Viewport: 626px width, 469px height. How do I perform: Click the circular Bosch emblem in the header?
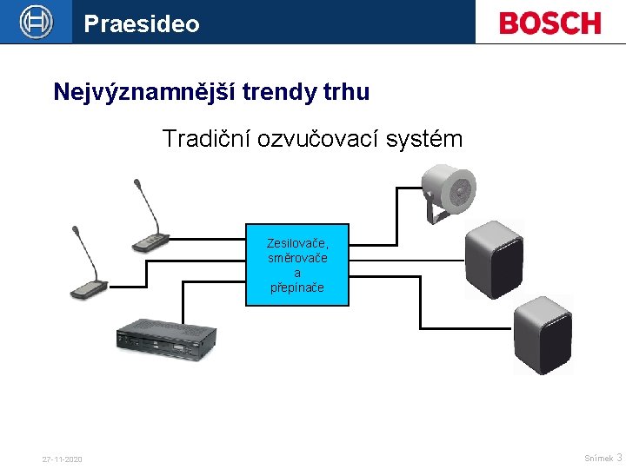pyautogui.click(x=37, y=22)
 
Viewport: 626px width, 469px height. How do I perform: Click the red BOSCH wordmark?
pyautogui.click(x=549, y=23)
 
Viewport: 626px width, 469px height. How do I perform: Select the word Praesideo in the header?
pyautogui.click(x=141, y=23)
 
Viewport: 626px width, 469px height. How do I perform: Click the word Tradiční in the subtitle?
pyautogui.click(x=206, y=138)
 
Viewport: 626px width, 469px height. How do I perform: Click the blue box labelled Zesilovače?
pyautogui.click(x=297, y=265)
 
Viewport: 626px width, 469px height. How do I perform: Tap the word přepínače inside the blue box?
pyautogui.click(x=297, y=287)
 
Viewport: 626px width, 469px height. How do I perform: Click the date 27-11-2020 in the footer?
pyautogui.click(x=62, y=459)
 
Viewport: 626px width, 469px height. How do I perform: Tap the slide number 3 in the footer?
pyautogui.click(x=619, y=457)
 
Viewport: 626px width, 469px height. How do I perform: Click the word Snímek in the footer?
pyautogui.click(x=598, y=458)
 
